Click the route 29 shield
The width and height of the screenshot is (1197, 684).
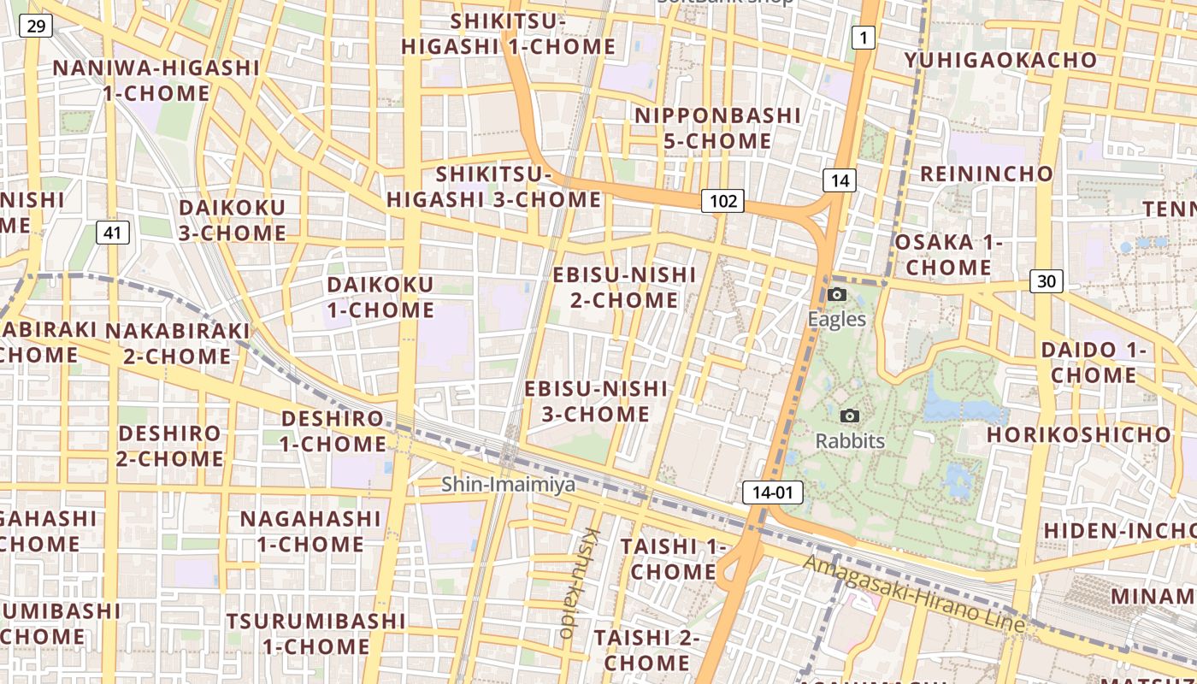36,27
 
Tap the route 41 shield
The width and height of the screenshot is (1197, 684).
113,232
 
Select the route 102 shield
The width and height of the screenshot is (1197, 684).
722,201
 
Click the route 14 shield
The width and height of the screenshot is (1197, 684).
840,180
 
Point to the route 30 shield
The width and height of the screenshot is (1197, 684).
1047,280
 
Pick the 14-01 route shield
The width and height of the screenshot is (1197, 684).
774,492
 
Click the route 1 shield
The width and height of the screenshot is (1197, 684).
863,37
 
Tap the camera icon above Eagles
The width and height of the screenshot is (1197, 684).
837,295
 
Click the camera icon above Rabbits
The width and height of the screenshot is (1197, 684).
850,416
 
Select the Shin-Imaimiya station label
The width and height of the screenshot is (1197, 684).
508,485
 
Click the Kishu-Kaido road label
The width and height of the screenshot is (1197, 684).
579,583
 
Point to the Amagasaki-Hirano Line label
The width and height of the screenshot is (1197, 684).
912,594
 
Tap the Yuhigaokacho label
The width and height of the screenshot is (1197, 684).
1000,60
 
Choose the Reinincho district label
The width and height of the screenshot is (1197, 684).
986,174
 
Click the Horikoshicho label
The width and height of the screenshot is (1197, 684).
1078,434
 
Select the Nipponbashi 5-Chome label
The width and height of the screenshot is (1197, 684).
718,127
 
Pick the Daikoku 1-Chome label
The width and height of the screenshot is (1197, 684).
380,297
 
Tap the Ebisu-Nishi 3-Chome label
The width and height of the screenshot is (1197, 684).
595,401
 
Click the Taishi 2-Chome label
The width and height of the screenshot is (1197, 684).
646,650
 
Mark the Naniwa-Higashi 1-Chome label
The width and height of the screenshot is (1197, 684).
156,80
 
